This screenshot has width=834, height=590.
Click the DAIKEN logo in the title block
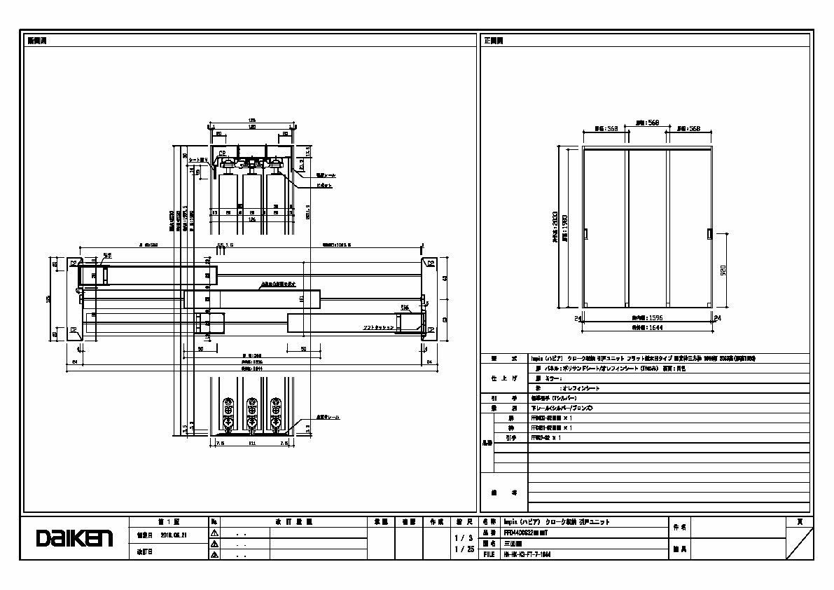74,538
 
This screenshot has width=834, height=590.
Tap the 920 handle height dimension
723,269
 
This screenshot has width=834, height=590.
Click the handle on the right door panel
709,233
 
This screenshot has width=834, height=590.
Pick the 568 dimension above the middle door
646,122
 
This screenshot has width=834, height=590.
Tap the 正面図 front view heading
494,40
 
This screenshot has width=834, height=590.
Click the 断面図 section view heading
36,40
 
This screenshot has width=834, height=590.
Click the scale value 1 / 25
464,549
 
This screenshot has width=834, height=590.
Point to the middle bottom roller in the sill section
252,413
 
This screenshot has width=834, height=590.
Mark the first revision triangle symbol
214,533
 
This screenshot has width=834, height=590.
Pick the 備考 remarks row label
503,493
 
